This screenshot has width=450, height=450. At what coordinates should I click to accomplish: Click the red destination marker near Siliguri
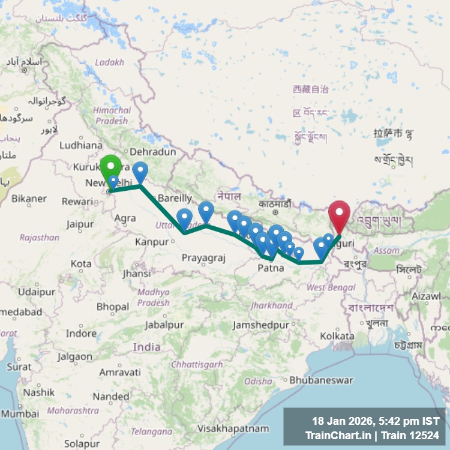click(339, 214)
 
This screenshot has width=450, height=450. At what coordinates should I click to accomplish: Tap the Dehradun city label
click(152, 152)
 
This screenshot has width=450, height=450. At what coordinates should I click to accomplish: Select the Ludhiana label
click(81, 145)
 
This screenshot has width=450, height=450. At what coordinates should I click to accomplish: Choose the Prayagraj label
click(203, 258)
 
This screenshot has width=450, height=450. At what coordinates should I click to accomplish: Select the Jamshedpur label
click(261, 325)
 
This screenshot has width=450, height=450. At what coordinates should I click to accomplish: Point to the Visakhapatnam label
click(233, 428)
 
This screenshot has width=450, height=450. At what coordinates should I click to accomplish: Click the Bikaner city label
click(29, 199)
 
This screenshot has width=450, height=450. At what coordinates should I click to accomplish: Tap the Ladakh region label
click(109, 62)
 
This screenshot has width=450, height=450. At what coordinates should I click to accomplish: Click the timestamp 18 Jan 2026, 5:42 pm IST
click(376, 421)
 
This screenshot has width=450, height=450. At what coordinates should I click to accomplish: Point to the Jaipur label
click(80, 225)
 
